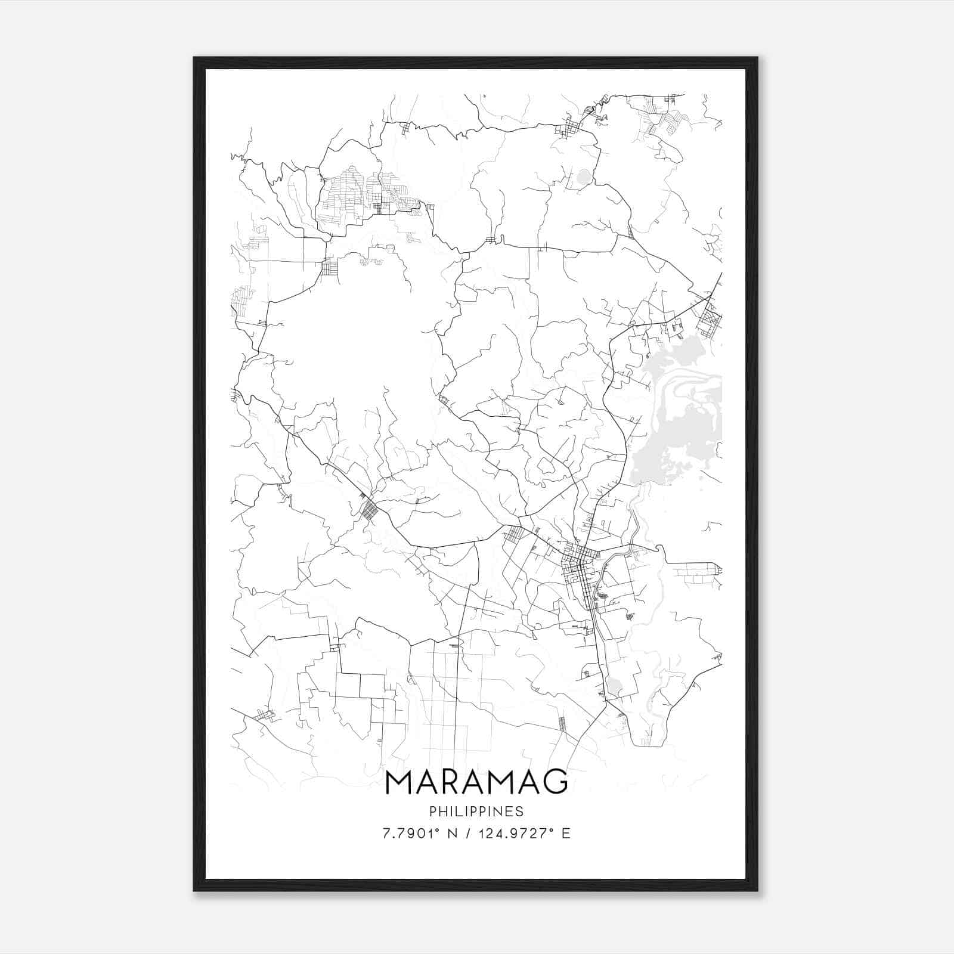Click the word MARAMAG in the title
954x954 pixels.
pyautogui.click(x=476, y=783)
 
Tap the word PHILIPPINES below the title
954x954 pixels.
pyautogui.click(x=476, y=811)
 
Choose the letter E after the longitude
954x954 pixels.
pyautogui.click(x=566, y=833)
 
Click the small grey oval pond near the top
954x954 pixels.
pyautogui.click(x=583, y=176)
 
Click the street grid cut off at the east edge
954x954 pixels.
pyautogui.click(x=711, y=319)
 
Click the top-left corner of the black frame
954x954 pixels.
pyautogui.click(x=194, y=58)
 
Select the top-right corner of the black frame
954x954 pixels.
pyautogui.click(x=757, y=58)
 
